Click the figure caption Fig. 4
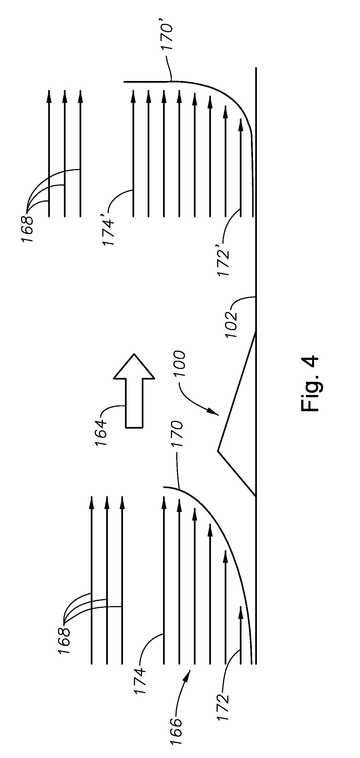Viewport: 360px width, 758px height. click(x=310, y=383)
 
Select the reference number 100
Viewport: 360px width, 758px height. click(x=179, y=364)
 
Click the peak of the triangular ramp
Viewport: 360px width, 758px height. click(x=218, y=451)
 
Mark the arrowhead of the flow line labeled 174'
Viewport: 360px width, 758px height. click(x=133, y=96)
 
